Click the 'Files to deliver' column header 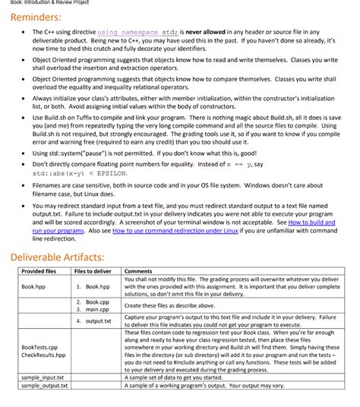coord(93,271)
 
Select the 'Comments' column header coord(137,271)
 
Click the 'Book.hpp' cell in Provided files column coord(33,287)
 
